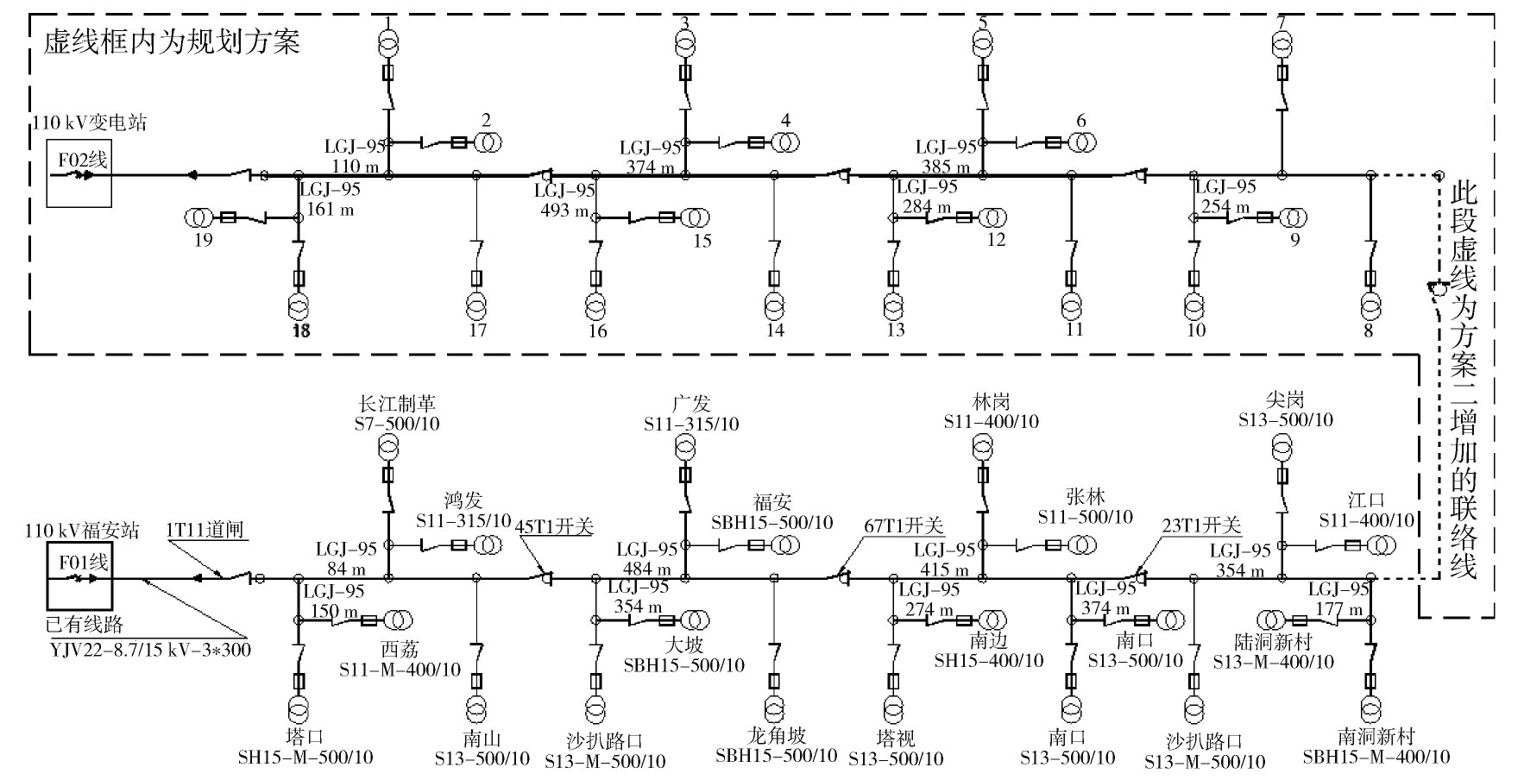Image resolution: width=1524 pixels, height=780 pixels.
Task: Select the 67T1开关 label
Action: tap(904, 526)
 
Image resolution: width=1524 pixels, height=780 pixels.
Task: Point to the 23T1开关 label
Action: tap(1201, 525)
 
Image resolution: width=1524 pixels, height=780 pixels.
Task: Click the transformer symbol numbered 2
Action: tap(486, 142)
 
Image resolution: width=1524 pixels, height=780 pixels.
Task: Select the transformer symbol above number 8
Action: tap(1370, 305)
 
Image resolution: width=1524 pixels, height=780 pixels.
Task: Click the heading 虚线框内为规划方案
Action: tap(172, 41)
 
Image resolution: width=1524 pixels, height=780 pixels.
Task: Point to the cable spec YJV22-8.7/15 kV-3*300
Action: tap(150, 649)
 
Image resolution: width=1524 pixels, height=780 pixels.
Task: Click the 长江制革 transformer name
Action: tap(397, 404)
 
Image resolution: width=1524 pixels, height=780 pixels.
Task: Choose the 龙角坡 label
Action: tap(777, 736)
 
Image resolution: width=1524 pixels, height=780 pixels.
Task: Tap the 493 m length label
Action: tap(565, 211)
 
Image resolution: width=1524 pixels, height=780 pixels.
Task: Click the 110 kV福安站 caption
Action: tap(82, 531)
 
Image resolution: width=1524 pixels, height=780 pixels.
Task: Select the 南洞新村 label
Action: tap(1376, 737)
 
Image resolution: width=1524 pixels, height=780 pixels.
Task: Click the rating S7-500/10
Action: tap(397, 425)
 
